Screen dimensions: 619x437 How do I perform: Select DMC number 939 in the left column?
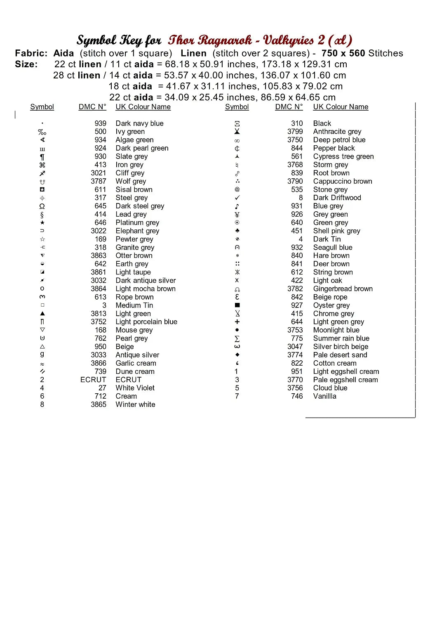pos(100,123)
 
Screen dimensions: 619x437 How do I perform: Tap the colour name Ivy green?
pos(130,132)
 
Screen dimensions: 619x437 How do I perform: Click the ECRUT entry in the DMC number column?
pos(93,380)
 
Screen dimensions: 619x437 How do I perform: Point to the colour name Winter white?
pos(135,404)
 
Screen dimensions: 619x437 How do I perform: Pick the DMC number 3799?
pos(295,132)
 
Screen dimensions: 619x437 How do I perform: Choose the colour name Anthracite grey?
pos(337,132)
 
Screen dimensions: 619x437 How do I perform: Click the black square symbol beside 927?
pos(237,305)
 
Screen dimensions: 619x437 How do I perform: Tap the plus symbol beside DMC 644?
pos(237,322)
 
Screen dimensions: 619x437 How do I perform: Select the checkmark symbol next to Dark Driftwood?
pos(237,198)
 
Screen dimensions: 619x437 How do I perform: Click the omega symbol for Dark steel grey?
pos(42,206)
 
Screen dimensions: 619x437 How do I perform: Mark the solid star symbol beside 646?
pos(42,223)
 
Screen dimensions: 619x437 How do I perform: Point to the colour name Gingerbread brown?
pos(343,289)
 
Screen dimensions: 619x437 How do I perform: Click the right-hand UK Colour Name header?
pos(341,107)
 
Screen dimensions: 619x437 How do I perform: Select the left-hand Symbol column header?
pos(42,107)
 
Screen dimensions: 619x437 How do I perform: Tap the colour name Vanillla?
pos(324,396)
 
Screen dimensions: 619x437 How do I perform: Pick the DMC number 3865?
pos(99,404)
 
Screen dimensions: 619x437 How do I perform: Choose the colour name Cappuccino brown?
pos(342,181)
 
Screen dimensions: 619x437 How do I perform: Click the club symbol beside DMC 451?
pos(237,231)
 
